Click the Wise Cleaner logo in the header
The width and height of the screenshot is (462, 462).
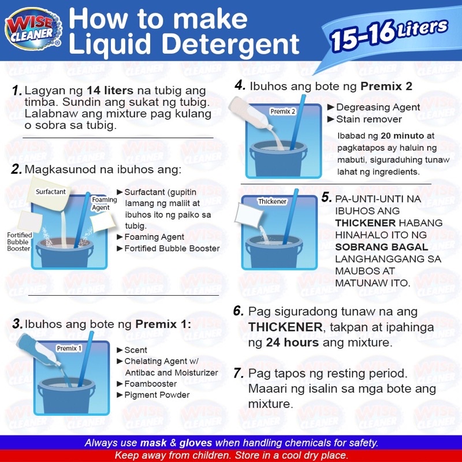33,29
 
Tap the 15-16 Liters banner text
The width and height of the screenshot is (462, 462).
389,35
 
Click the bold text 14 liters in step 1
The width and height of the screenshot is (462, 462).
110,91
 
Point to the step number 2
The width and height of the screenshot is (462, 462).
17,169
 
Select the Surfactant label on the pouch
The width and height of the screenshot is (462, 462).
51,192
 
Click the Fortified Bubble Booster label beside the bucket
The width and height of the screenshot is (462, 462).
20,241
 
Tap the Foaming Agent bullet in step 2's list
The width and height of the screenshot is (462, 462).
154,237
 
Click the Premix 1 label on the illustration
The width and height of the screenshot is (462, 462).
69,348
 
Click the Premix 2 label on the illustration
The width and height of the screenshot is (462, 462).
282,111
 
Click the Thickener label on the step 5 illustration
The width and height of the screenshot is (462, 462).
272,202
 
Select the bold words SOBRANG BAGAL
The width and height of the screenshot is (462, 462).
382,247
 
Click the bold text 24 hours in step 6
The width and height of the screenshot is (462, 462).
292,342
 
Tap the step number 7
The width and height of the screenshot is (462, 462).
239,373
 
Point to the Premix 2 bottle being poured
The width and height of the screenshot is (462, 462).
251,113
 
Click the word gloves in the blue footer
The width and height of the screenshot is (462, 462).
196,443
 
